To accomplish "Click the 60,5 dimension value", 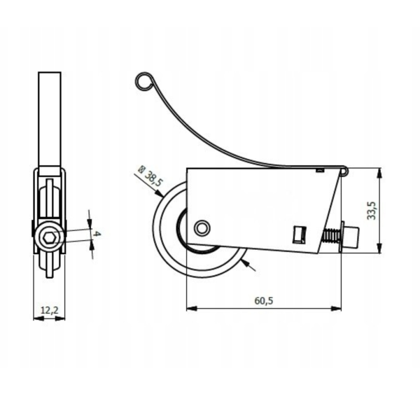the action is (x=264, y=300).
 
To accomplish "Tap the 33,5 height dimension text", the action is (x=372, y=211).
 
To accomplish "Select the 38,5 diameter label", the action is (x=153, y=179).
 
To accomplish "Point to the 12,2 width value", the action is (x=49, y=310).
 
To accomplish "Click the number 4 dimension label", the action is (x=97, y=234).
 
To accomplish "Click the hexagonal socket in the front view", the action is (x=49, y=237).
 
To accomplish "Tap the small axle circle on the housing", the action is (x=202, y=228).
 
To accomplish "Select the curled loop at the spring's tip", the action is (x=144, y=81).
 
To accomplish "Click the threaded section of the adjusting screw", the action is (x=331, y=235).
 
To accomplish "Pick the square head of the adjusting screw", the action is (x=351, y=237).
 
